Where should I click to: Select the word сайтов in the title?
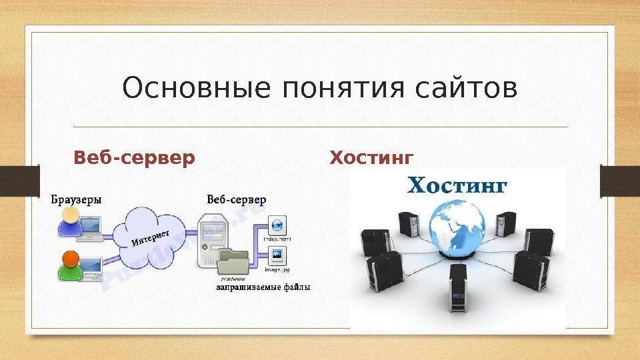pos(466,89)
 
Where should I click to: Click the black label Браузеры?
pos(77,199)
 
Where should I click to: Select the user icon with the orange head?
pos(69,263)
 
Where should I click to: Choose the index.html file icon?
pos(277,225)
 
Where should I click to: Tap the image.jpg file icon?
pos(277,256)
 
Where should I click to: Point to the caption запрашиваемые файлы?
pos(263,287)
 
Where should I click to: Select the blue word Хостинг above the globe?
pos(457,185)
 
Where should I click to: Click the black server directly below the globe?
pos(458,287)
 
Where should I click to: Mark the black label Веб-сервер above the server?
pos(236,199)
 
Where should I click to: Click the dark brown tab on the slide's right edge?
pos(620,181)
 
